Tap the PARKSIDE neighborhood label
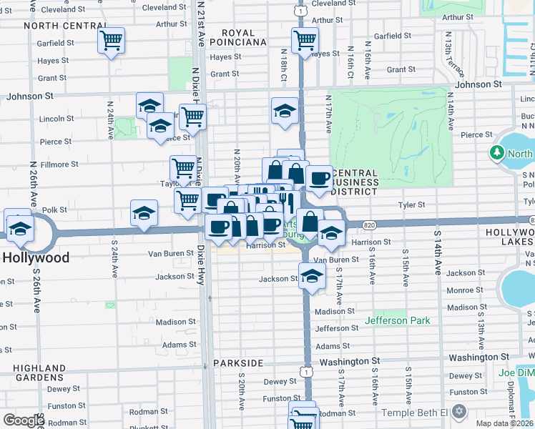tap(238, 363)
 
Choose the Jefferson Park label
tap(398, 321)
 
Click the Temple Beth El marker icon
tap(459, 413)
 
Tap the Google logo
tap(24, 420)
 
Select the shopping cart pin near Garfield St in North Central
tap(111, 41)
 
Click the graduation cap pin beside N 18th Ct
tap(285, 111)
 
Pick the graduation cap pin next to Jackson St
tap(311, 276)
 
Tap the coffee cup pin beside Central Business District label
tap(319, 178)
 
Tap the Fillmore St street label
tap(59, 164)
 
